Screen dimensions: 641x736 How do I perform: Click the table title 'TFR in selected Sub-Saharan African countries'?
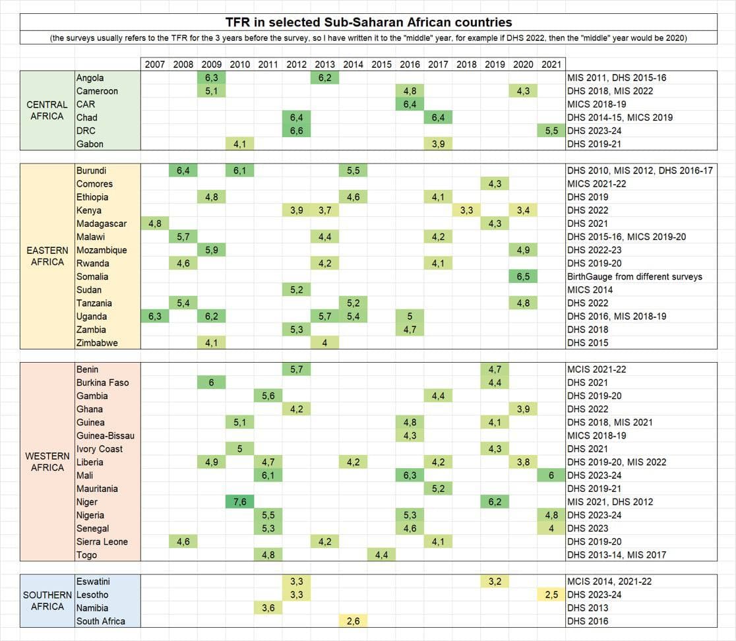[x=368, y=22]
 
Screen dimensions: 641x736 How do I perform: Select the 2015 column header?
[x=381, y=65]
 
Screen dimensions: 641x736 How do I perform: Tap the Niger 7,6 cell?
[x=240, y=502]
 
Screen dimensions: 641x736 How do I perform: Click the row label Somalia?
[x=92, y=276]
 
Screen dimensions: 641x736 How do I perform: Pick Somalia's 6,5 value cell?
[x=523, y=276]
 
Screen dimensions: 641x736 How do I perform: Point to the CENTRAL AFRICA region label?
[x=47, y=110]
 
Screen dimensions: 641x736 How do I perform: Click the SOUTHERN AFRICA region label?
[x=47, y=601]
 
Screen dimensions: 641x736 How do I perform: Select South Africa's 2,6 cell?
[x=353, y=621]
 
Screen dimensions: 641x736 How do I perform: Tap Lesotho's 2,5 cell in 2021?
[x=551, y=594]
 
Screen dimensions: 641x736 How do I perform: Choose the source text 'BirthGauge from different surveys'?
[x=634, y=276]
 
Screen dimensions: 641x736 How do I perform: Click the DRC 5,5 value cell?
[x=551, y=131]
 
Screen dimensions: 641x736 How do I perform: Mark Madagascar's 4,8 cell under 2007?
[x=155, y=224]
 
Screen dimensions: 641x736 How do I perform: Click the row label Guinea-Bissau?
[x=106, y=435]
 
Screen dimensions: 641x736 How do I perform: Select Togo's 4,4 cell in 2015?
[x=381, y=555]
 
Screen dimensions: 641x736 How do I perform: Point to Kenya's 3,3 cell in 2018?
[x=466, y=210]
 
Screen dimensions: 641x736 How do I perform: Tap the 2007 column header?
[x=155, y=65]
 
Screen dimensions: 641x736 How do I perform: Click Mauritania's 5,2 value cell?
[x=438, y=489]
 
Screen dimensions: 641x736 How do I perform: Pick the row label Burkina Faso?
[x=102, y=382]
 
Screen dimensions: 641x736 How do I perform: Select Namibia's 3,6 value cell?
[x=268, y=607]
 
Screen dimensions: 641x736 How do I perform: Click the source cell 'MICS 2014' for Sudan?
[x=590, y=290]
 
